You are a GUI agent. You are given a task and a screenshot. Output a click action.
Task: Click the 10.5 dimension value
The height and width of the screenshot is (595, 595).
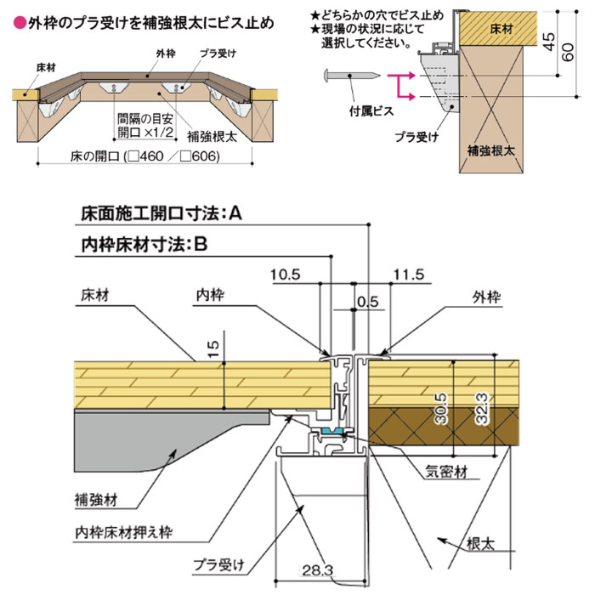286,275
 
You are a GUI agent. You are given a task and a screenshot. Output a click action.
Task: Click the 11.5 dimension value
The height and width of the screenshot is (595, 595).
409,275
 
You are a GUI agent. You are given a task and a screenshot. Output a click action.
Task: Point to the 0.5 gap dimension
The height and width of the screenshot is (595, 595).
368,301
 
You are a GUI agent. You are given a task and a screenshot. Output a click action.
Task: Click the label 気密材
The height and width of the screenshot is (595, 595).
443,468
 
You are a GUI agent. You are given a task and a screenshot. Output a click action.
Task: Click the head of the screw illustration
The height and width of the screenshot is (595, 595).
327,77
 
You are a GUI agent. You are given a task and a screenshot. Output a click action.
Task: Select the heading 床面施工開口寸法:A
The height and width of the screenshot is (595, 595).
161,214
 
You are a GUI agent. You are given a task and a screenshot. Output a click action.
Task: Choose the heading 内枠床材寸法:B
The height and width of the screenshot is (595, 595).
144,243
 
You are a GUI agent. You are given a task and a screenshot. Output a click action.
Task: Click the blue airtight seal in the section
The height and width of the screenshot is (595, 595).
331,432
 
